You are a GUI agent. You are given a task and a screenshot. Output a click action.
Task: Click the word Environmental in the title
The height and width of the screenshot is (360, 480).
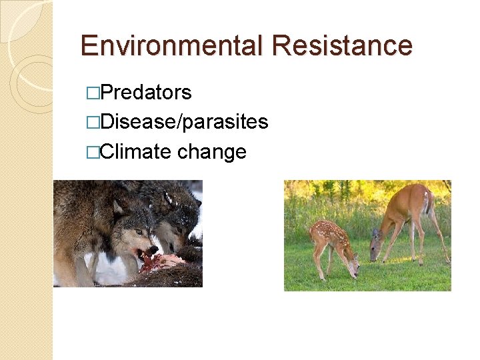173,45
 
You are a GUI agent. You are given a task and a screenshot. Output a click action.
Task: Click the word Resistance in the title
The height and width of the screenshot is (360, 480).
343,45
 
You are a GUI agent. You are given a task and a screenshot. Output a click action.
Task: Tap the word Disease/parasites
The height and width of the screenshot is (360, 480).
183,122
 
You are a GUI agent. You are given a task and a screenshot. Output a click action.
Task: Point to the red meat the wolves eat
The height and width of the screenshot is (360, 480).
163,260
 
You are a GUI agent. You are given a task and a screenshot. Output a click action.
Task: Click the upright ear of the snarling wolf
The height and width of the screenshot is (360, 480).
118,207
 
